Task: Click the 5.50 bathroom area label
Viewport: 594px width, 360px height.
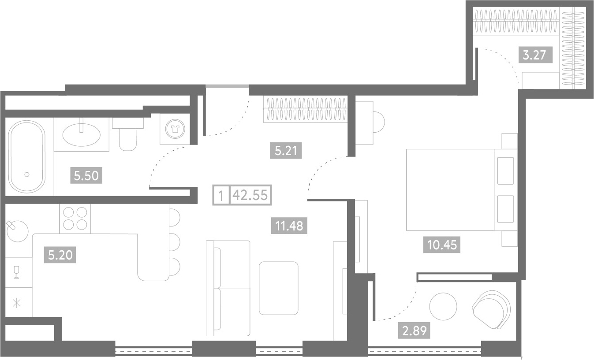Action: pyautogui.click(x=86, y=175)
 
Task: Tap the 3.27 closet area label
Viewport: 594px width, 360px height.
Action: pyautogui.click(x=534, y=55)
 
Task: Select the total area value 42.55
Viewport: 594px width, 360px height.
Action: pyautogui.click(x=250, y=195)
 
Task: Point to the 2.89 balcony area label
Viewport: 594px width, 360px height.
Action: pyautogui.click(x=414, y=331)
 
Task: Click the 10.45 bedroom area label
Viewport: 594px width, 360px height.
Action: pyautogui.click(x=442, y=245)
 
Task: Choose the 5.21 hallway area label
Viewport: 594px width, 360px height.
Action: pyautogui.click(x=286, y=151)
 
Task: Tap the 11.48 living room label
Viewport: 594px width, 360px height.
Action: pyautogui.click(x=289, y=226)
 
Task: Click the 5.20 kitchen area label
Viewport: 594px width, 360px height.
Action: pyautogui.click(x=60, y=255)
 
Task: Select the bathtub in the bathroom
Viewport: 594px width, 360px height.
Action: pyautogui.click(x=26, y=156)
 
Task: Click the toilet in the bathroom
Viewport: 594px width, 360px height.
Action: pyautogui.click(x=128, y=134)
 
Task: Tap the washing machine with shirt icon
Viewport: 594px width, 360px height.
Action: pyautogui.click(x=175, y=129)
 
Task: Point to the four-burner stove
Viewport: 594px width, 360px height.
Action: pyautogui.click(x=75, y=219)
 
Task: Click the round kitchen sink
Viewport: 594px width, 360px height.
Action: pyautogui.click(x=18, y=231)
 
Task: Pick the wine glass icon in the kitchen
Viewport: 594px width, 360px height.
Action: pyautogui.click(x=16, y=272)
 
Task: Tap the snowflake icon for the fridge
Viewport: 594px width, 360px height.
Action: pyautogui.click(x=16, y=303)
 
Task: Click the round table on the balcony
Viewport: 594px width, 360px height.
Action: pyautogui.click(x=443, y=307)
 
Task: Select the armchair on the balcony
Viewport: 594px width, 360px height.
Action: pyautogui.click(x=491, y=310)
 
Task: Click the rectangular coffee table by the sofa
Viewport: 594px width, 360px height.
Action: pyautogui.click(x=278, y=288)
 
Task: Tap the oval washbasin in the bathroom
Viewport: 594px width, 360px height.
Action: pyautogui.click(x=82, y=135)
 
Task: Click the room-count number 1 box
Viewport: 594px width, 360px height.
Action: pyautogui.click(x=221, y=195)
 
